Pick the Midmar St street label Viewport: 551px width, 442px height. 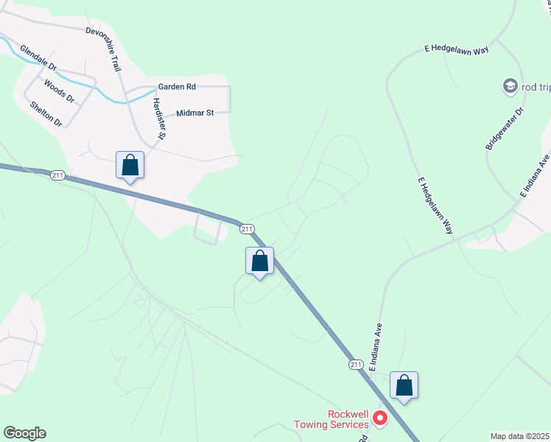(194, 113)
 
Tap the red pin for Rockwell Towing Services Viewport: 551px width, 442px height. (380, 418)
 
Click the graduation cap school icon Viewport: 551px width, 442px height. (510, 87)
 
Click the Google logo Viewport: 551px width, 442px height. (24, 433)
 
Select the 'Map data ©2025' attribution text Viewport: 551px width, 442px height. (520, 436)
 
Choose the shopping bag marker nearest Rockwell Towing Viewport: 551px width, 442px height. (404, 385)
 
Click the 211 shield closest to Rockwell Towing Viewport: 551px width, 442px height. (356, 364)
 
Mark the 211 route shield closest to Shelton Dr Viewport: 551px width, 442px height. (59, 175)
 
